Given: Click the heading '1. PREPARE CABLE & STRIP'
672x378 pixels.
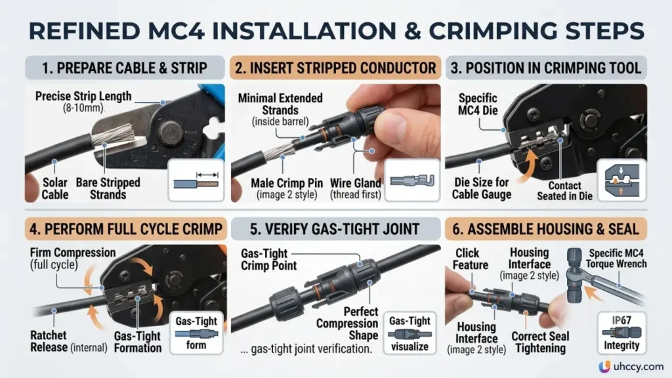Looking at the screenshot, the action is click(x=124, y=68).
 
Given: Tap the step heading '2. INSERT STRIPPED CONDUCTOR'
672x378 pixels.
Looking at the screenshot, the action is click(x=335, y=68).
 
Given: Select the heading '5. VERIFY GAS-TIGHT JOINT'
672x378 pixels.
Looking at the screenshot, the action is click(x=335, y=229).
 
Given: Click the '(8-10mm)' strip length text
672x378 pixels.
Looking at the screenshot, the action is click(x=83, y=108).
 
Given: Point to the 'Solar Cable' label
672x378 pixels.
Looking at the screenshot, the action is click(x=55, y=188).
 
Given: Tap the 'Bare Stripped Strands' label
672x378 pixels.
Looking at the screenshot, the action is click(x=108, y=188).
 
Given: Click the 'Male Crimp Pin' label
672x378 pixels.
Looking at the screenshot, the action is click(x=287, y=183).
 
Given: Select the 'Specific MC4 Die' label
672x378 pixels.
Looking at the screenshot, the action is click(x=478, y=104).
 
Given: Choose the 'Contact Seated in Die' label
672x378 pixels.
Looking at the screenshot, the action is click(x=564, y=191).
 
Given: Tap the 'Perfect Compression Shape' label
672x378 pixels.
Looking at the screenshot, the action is click(x=347, y=324).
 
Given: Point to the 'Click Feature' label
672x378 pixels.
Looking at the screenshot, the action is click(x=470, y=259).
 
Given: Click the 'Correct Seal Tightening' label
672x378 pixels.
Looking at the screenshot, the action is click(x=541, y=342).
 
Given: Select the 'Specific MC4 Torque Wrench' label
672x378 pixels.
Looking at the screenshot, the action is click(x=616, y=259).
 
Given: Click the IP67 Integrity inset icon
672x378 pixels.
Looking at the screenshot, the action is click(x=621, y=333).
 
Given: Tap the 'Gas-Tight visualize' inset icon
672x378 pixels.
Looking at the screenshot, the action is click(x=409, y=333).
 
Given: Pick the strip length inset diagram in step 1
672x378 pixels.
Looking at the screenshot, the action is click(x=196, y=180).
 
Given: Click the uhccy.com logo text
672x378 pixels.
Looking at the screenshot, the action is click(x=639, y=367).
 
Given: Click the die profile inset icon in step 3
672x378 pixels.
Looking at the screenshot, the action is click(x=621, y=180).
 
